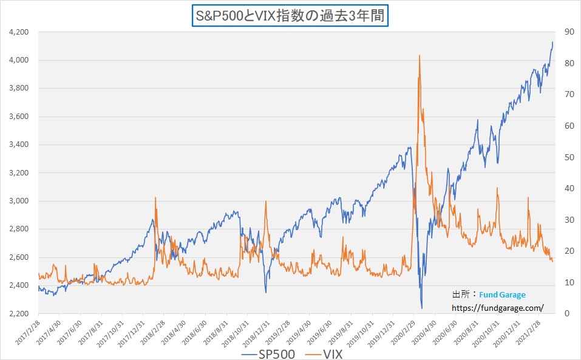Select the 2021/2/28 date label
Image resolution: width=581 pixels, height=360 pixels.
(529, 331)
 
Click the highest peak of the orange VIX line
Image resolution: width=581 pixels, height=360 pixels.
(420, 56)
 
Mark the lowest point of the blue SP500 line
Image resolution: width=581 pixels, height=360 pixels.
(421, 308)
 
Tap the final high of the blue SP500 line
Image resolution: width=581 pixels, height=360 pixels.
(552, 42)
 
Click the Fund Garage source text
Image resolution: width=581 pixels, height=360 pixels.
(502, 294)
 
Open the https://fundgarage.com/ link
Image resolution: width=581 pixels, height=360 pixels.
(497, 308)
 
